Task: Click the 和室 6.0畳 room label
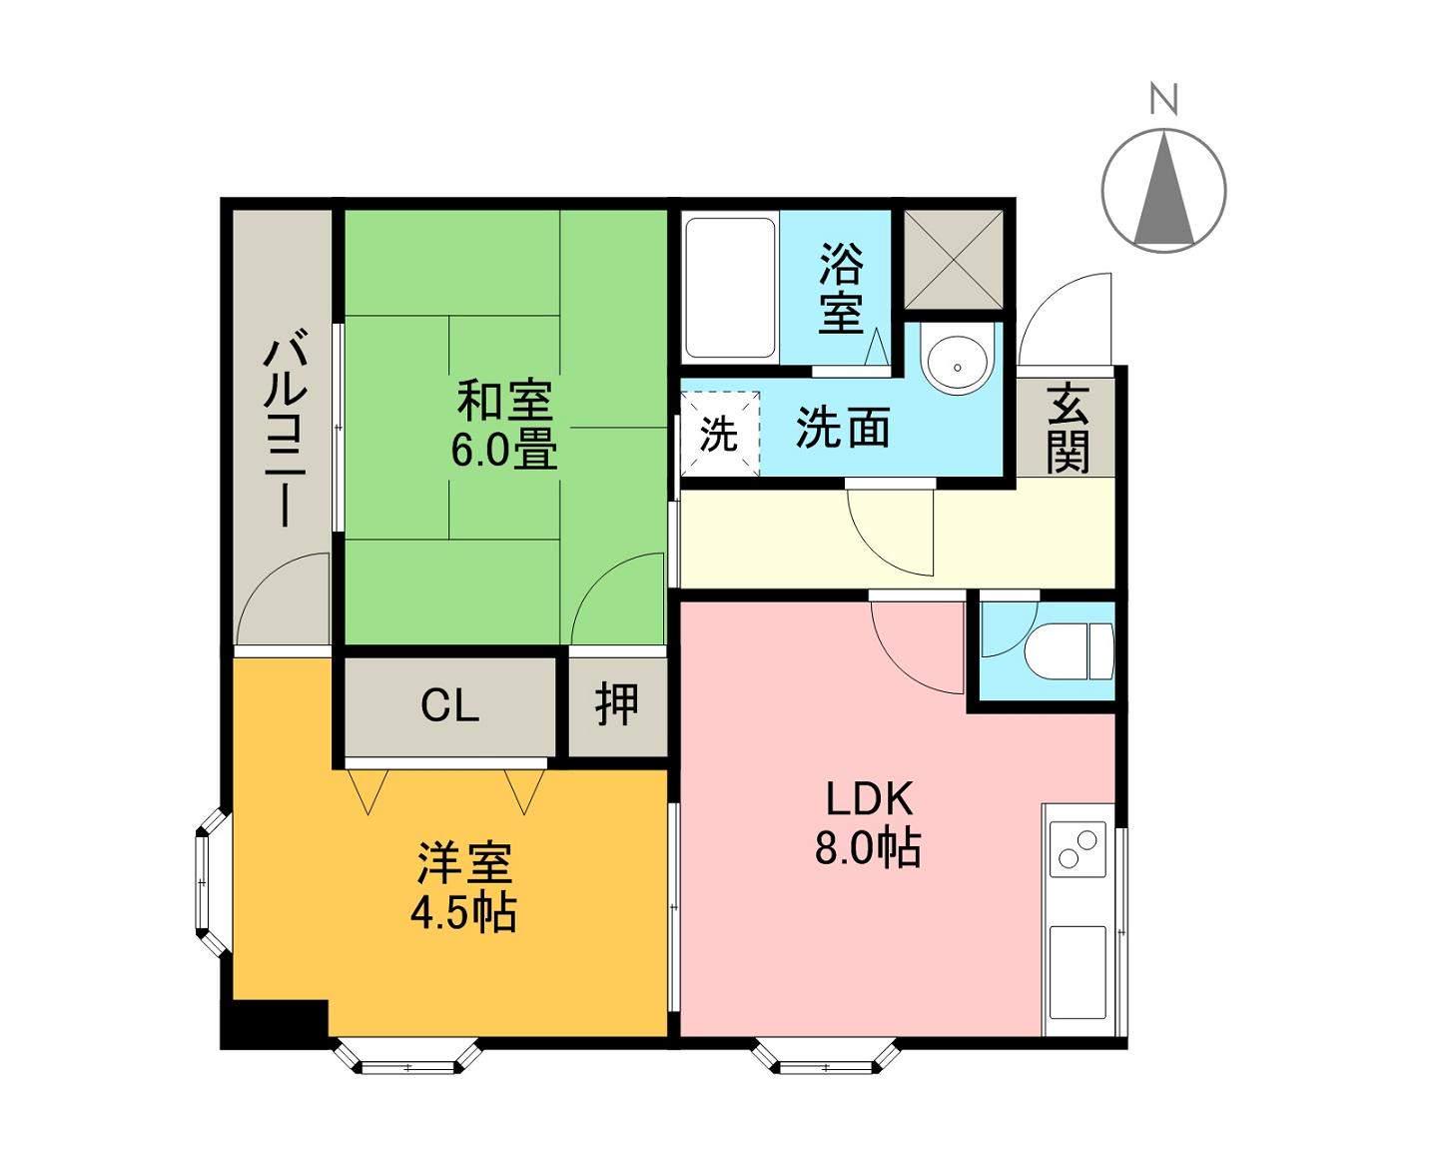[x=504, y=426]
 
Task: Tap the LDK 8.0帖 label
[x=868, y=823]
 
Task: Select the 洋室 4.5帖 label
[x=464, y=887]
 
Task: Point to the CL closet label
[x=449, y=706]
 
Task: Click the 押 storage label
[x=617, y=704]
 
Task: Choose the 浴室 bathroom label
[x=841, y=289]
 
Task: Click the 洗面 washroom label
[x=843, y=429]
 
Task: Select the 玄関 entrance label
[x=1068, y=429]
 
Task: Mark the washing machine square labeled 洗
[x=719, y=433]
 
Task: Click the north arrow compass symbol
[x=1163, y=189]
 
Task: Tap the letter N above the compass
[x=1163, y=100]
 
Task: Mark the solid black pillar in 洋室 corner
[x=275, y=1023]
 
